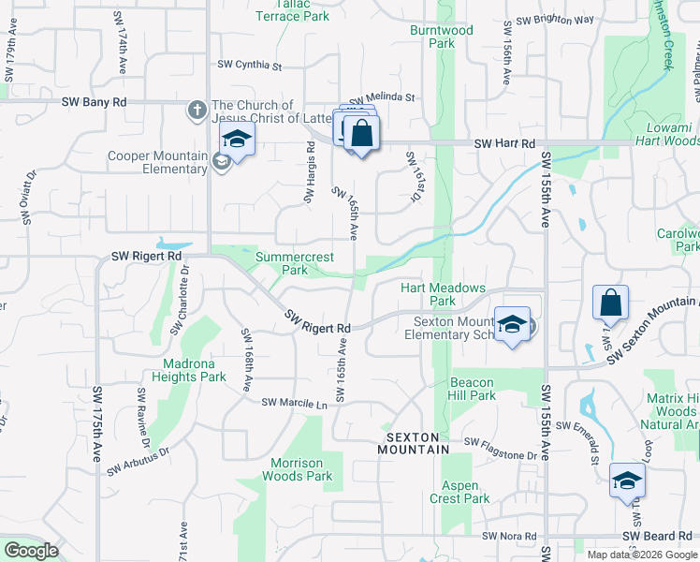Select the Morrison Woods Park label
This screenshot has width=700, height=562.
(x=301, y=469)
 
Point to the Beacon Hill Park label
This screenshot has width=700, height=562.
(x=473, y=389)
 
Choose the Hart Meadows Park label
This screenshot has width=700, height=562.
(x=443, y=294)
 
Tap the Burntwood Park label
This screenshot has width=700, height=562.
(x=442, y=37)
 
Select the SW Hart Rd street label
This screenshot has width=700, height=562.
(x=504, y=143)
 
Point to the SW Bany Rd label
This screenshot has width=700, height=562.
(x=95, y=101)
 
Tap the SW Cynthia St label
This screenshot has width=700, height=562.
(x=250, y=65)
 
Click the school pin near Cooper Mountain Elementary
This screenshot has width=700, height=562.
(x=238, y=141)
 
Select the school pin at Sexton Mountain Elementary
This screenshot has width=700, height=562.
(x=512, y=325)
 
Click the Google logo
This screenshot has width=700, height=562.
(x=32, y=551)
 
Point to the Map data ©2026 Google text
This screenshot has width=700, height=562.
(x=642, y=555)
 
